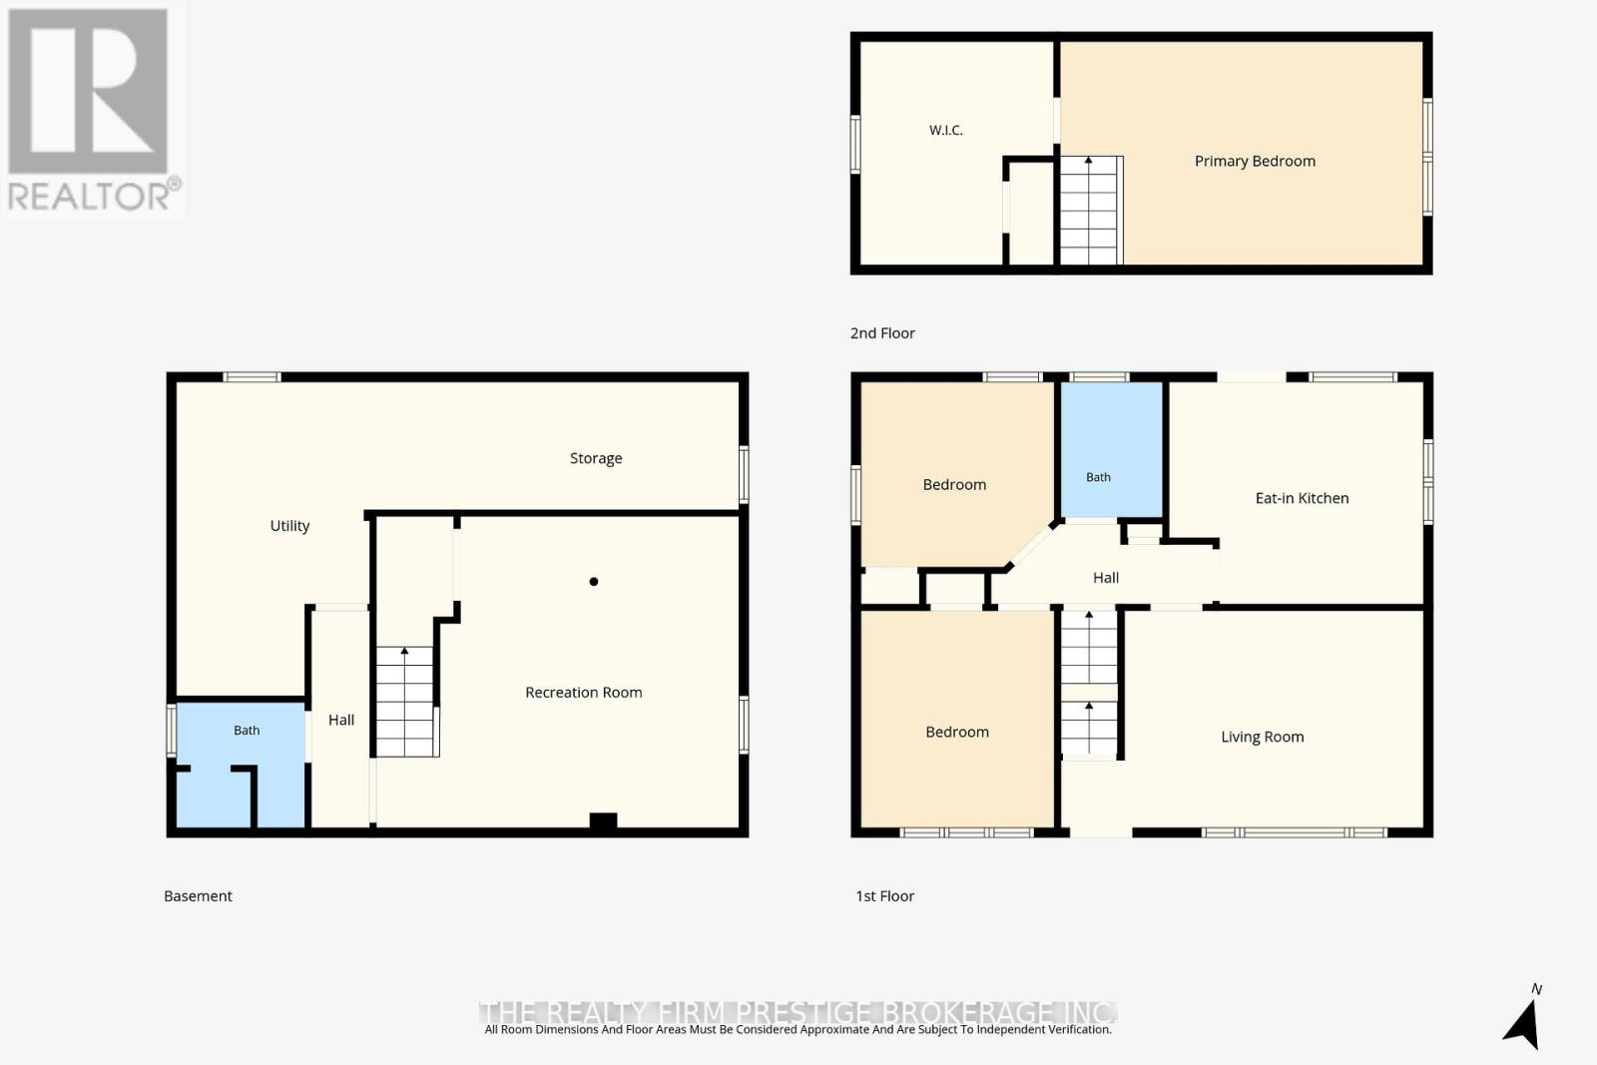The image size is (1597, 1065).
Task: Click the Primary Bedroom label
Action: click(x=1255, y=161)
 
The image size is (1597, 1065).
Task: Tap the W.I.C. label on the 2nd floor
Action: click(x=946, y=130)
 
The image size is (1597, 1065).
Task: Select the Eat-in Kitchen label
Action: click(x=1302, y=498)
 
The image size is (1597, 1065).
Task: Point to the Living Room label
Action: click(x=1262, y=737)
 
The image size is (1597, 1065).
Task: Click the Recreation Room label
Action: click(x=583, y=692)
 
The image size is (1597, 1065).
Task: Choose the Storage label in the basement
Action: click(x=596, y=458)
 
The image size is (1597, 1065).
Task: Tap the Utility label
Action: click(x=289, y=526)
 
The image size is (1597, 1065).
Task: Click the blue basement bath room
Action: click(x=241, y=765)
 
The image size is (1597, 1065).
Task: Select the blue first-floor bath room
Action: click(x=1112, y=450)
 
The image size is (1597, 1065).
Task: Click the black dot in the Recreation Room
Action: click(x=593, y=582)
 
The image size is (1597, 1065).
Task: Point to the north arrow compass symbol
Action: click(x=1523, y=1024)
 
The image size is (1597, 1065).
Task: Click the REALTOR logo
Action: click(x=92, y=110)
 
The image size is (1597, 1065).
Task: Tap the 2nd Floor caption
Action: click(x=882, y=333)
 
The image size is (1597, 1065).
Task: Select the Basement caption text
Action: click(x=199, y=896)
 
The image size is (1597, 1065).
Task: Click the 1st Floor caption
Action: click(x=884, y=896)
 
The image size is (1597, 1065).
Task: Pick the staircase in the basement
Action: click(x=406, y=702)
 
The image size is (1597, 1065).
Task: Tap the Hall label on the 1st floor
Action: click(x=1106, y=577)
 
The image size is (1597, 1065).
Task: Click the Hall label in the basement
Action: click(x=340, y=720)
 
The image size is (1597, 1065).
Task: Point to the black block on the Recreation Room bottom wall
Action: click(x=603, y=820)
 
